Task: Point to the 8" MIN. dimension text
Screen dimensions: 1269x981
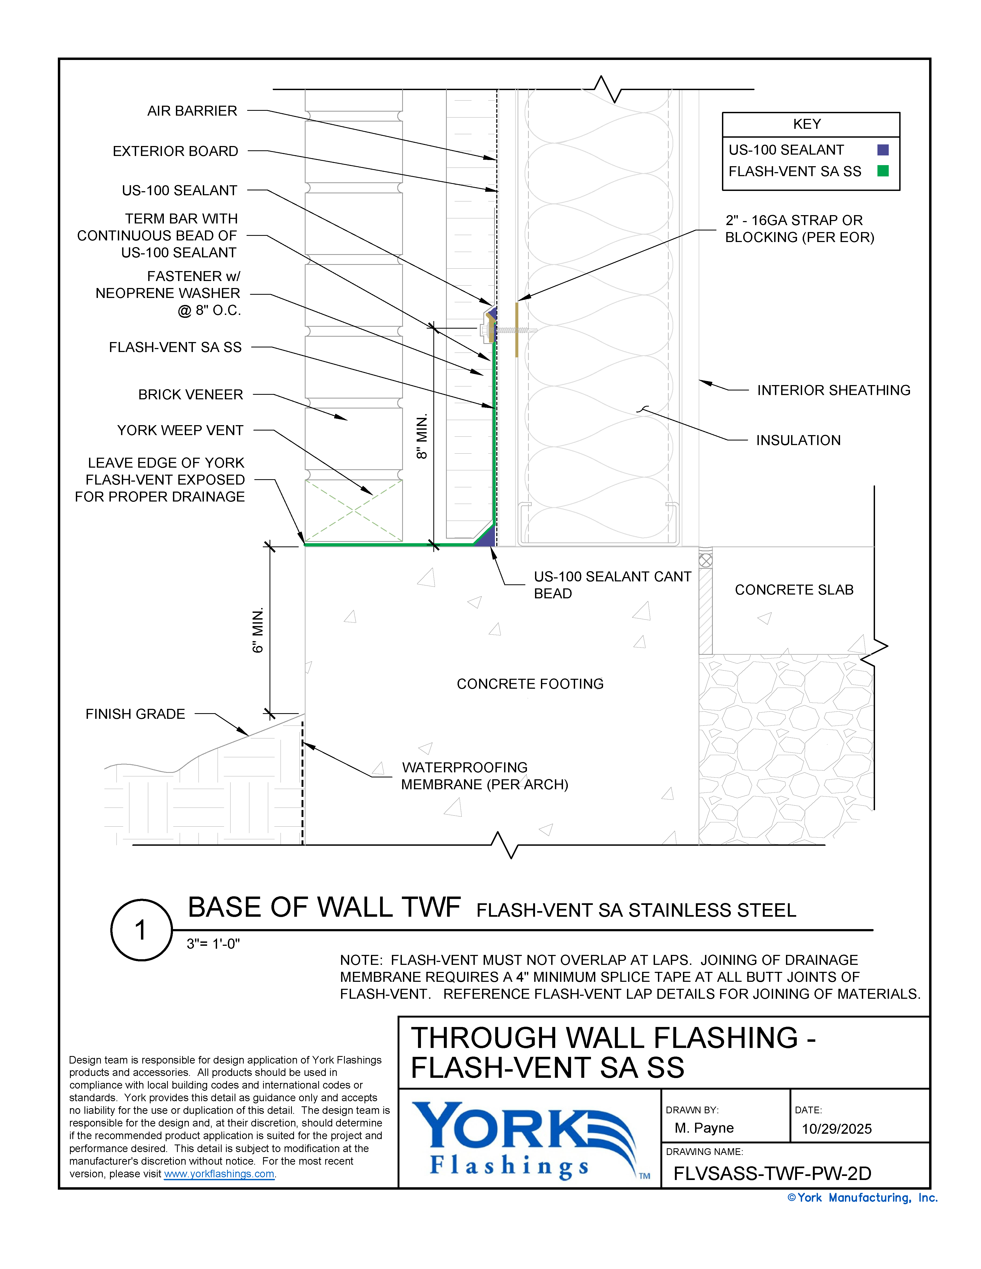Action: tap(422, 436)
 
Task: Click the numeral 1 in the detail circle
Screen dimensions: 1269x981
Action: tap(141, 930)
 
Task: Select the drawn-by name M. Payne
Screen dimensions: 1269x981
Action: tap(704, 1128)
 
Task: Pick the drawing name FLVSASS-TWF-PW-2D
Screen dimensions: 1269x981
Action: tap(772, 1174)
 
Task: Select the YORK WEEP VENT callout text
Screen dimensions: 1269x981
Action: tap(180, 431)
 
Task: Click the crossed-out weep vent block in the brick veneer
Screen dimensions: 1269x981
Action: tap(353, 510)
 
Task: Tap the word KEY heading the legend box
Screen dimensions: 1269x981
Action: tap(807, 124)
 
